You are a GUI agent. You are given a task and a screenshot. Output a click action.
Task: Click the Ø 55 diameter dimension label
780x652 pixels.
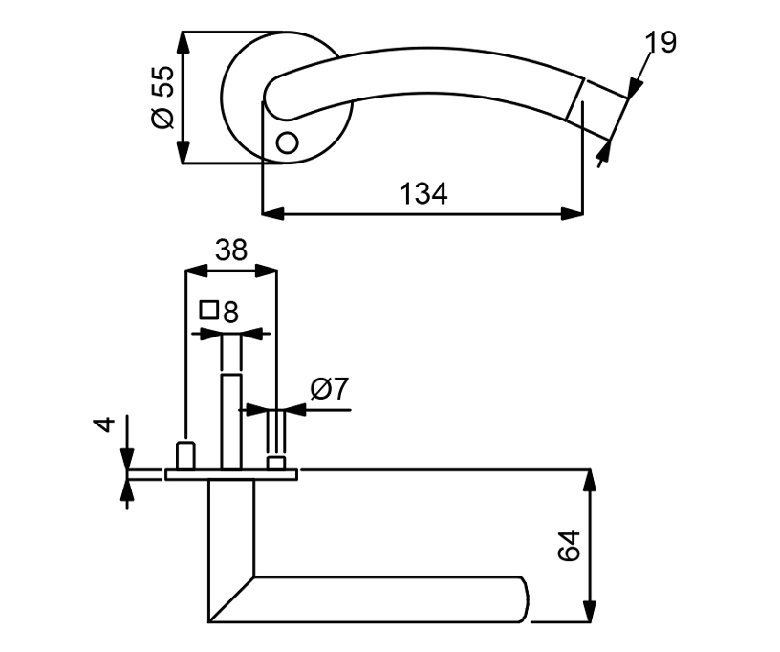click(x=163, y=97)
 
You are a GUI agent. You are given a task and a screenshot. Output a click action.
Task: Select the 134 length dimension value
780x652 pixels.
click(x=423, y=194)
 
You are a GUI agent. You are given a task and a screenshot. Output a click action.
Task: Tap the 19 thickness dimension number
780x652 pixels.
click(x=661, y=42)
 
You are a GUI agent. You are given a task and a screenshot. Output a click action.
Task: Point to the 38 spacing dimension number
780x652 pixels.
click(x=231, y=250)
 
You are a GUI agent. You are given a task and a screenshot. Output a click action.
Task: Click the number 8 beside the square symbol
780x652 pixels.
click(x=230, y=313)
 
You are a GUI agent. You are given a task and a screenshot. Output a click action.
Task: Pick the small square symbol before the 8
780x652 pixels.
click(x=209, y=310)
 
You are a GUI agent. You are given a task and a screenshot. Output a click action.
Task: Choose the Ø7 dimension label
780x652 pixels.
click(x=330, y=389)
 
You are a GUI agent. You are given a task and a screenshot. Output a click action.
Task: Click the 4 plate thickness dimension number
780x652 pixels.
click(x=104, y=424)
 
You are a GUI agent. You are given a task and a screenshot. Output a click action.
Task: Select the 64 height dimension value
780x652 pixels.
click(x=569, y=546)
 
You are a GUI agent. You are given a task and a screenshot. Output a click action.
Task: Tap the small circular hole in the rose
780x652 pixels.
click(x=287, y=142)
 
